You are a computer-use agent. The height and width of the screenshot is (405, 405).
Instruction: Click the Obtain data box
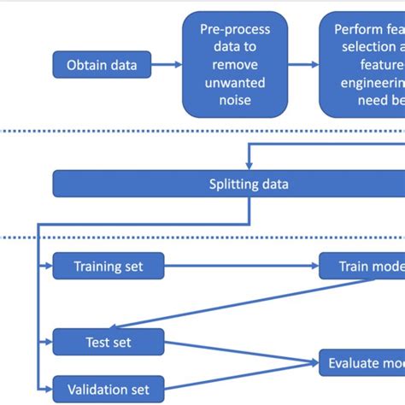point(106,64)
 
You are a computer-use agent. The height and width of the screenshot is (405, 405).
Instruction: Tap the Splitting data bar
point(248,184)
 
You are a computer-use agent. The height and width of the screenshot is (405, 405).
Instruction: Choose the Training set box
point(109,267)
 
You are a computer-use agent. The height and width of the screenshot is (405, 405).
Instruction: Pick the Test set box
point(109,343)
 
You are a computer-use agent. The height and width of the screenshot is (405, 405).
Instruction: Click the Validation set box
point(109,389)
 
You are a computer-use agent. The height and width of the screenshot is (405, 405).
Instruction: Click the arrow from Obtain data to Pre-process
point(171,64)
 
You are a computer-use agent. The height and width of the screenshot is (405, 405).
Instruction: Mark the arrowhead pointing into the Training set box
point(48,267)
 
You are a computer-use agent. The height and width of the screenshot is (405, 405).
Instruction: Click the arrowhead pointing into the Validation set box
point(48,389)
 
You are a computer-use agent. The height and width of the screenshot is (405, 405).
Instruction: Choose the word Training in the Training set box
point(97,267)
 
